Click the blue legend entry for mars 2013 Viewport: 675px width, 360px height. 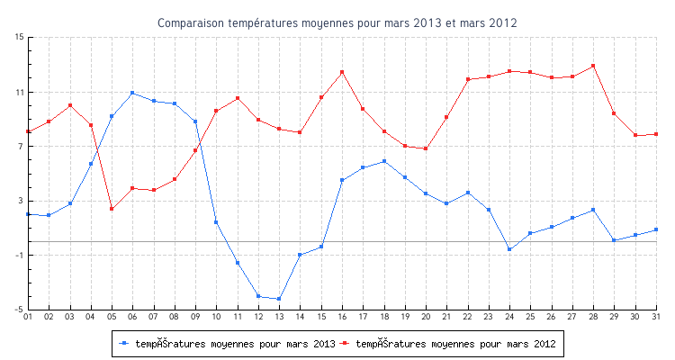[x=228, y=343]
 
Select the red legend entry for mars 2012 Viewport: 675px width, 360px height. [x=451, y=343]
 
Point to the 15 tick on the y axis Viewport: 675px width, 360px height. [x=19, y=38]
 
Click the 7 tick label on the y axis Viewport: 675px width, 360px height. [x=20, y=147]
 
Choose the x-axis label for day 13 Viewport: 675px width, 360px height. [x=279, y=317]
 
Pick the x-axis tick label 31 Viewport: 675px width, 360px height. [x=656, y=317]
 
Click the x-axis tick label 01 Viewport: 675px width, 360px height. [x=28, y=317]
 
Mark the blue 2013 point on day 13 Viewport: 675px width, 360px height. [x=279, y=299]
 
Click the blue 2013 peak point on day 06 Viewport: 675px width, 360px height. [x=132, y=93]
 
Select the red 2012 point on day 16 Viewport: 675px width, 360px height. [x=342, y=72]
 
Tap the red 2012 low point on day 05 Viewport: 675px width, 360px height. [x=112, y=209]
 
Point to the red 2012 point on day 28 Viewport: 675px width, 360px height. [x=593, y=66]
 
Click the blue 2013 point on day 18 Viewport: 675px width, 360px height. [x=384, y=161]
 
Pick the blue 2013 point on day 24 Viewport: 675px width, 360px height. [x=509, y=249]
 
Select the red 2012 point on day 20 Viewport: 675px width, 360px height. [x=426, y=148]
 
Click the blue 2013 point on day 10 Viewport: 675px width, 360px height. [x=216, y=222]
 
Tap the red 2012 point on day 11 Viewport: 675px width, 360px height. [x=238, y=98]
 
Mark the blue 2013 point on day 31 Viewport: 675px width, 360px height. [x=656, y=229]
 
